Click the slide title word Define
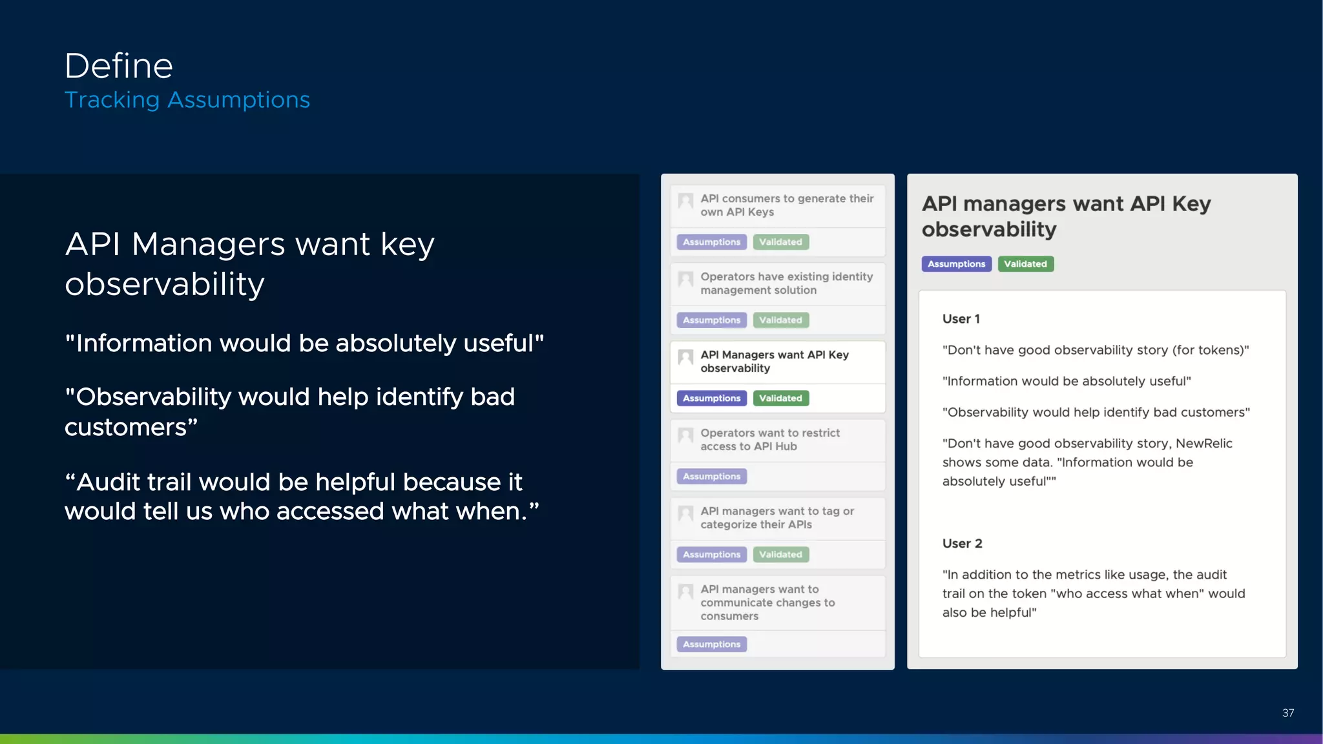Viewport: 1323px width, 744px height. pos(119,66)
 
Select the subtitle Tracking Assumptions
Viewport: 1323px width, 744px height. pos(187,100)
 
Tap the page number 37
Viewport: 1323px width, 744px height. pos(1287,713)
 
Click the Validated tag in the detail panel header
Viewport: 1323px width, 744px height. pos(1025,264)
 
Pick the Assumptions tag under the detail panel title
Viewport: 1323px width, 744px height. pos(956,264)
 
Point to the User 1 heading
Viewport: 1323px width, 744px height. pos(961,319)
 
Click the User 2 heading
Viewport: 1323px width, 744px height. pos(962,544)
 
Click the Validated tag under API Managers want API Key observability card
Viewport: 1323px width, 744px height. pos(780,398)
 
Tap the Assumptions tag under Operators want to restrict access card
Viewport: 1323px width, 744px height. pos(711,477)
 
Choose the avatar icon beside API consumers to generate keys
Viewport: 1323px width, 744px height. pos(685,201)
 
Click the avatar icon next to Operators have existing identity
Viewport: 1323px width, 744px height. pos(685,279)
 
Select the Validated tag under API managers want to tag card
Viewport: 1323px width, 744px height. pos(780,555)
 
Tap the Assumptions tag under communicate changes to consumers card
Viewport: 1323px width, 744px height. pos(711,645)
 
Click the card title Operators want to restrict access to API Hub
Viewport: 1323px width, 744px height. pos(769,440)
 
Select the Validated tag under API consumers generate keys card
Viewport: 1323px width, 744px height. pos(780,242)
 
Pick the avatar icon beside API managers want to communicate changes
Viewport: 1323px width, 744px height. pos(685,592)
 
